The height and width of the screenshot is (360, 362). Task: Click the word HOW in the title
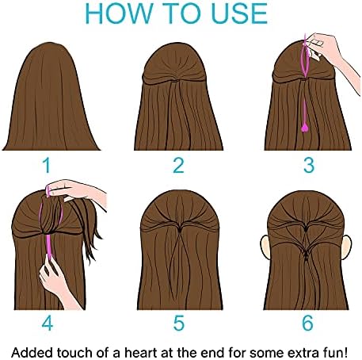click(120, 13)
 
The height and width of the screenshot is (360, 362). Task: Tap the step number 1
click(48, 165)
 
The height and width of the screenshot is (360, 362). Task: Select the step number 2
click(178, 165)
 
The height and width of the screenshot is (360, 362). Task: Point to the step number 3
click(309, 165)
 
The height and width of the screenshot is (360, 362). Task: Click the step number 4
click(48, 323)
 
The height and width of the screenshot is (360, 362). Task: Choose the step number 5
click(179, 323)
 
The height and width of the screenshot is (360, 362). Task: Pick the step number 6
click(307, 323)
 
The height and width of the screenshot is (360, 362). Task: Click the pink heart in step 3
click(305, 128)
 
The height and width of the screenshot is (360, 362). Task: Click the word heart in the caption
click(140, 353)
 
